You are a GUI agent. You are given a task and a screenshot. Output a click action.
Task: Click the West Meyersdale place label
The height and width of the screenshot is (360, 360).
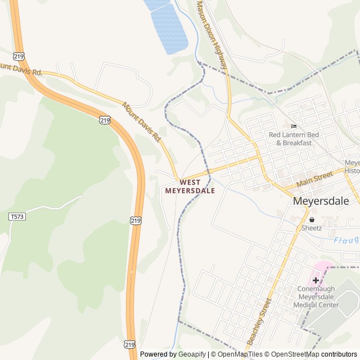coord(190,187)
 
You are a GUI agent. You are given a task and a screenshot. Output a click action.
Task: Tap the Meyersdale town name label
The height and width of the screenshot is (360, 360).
coord(321,201)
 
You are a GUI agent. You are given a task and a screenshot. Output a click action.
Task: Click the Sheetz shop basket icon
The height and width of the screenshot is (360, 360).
coord(312,220)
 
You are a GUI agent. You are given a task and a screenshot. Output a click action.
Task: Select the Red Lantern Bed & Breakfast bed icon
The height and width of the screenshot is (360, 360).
coord(294,126)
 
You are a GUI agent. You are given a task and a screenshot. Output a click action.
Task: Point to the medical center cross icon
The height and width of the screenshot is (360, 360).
coord(316,280)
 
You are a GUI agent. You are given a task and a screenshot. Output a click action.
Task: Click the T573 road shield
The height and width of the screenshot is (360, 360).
coord(17,216)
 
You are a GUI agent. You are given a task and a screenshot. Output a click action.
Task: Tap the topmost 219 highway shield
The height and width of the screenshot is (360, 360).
coord(20,56)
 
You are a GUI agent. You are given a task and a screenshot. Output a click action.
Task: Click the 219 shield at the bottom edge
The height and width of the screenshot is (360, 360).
coord(129,344)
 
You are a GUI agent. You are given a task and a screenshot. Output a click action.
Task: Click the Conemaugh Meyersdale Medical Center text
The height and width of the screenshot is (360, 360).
coord(316,297)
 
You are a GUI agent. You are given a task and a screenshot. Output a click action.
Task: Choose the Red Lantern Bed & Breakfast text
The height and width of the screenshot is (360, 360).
coord(294,139)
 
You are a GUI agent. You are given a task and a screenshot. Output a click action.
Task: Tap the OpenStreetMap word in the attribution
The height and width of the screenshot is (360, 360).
coord(291,354)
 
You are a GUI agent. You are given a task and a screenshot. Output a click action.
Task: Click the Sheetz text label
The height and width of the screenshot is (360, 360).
coord(312,228)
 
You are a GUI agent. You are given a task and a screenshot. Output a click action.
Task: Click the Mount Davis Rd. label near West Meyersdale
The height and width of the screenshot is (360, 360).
coord(142,121)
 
